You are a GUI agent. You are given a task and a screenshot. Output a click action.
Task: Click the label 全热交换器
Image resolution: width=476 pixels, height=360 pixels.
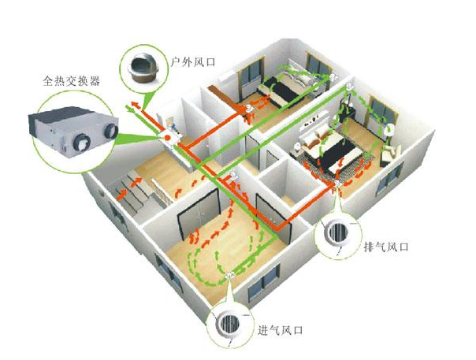(72, 80)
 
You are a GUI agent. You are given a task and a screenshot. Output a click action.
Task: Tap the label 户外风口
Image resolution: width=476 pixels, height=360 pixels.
(192, 62)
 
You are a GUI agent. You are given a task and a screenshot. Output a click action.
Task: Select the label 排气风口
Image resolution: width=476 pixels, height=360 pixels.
(386, 247)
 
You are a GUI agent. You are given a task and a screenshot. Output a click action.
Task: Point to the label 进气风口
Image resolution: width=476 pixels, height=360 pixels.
(281, 330)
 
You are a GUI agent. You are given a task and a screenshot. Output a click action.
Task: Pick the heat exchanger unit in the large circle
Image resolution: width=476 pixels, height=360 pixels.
(73, 132)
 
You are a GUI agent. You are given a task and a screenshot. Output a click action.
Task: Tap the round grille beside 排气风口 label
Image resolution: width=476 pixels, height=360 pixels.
(337, 232)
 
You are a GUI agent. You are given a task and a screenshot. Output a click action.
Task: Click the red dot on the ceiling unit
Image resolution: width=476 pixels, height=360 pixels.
(167, 138)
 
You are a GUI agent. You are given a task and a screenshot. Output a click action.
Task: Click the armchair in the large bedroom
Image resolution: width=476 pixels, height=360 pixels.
(390, 154)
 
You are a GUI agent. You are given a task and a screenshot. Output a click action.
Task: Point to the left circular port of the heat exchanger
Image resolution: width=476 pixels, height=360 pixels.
(81, 142)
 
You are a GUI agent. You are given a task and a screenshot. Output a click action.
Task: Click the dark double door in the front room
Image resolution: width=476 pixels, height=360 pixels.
(199, 213)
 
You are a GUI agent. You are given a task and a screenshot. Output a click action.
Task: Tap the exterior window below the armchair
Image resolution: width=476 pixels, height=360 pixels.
(390, 179)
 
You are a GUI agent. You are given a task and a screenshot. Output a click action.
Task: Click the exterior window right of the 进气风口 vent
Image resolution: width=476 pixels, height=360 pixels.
(263, 283)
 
